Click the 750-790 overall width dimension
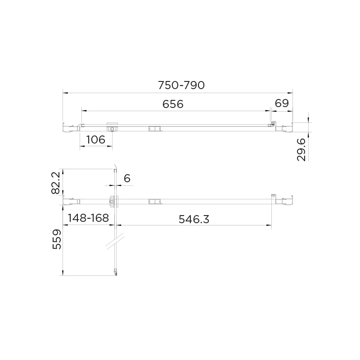click(x=181, y=85)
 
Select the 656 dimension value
click(x=173, y=104)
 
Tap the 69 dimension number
click(x=281, y=103)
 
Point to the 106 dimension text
click(x=95, y=139)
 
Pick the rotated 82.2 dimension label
click(x=55, y=182)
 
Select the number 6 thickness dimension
click(x=127, y=179)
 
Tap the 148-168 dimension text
click(x=88, y=218)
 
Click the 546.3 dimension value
click(x=194, y=219)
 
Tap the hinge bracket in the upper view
click(x=112, y=128)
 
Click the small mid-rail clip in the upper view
click(x=154, y=128)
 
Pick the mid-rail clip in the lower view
click(x=154, y=201)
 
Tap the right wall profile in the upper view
click(x=285, y=127)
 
